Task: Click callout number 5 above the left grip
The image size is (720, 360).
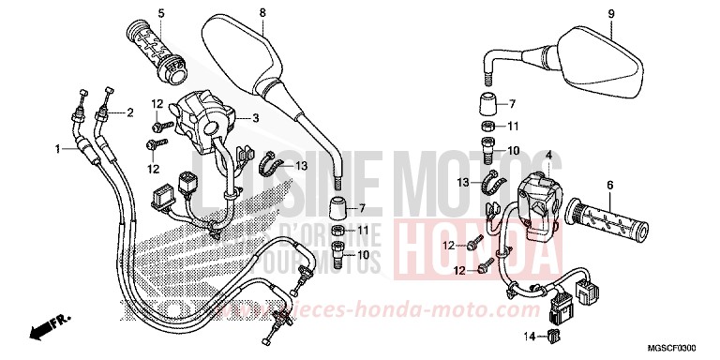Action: point(160,12)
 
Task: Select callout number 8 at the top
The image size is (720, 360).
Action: point(262,12)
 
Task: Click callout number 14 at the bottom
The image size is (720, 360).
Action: point(529,335)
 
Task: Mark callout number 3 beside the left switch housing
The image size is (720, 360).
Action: point(254,118)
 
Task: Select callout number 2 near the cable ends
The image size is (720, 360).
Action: point(129,112)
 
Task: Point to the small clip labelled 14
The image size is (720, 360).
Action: point(554,335)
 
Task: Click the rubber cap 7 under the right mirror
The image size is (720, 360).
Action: point(488,104)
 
